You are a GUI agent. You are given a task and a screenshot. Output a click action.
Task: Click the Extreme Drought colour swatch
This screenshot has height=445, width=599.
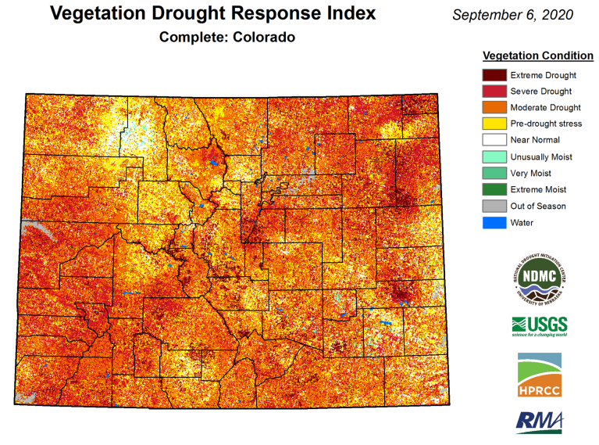click(x=494, y=75)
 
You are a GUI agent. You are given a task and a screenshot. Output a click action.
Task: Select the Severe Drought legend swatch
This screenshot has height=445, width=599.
click(x=494, y=92)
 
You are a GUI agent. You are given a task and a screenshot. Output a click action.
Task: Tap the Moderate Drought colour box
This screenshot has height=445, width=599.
click(x=494, y=107)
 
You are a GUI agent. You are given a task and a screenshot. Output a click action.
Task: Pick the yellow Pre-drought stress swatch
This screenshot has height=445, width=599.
click(x=494, y=124)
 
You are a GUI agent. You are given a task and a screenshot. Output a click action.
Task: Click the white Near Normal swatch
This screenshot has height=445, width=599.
click(x=494, y=140)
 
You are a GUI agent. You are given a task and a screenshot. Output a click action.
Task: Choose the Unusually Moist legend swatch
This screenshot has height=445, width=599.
click(x=494, y=156)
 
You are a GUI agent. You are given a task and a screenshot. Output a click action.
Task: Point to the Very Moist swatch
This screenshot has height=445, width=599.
click(x=494, y=173)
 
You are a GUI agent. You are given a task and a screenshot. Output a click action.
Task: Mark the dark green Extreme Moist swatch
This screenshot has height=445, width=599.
click(x=494, y=189)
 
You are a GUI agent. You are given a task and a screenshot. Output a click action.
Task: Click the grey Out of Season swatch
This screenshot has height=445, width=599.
click(x=494, y=206)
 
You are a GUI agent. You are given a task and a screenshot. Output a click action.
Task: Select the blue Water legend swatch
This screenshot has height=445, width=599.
click(x=494, y=222)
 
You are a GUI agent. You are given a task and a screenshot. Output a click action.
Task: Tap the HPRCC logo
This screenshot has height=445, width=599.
click(x=539, y=375)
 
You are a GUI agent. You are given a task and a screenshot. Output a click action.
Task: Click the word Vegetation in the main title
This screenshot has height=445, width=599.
click(x=98, y=14)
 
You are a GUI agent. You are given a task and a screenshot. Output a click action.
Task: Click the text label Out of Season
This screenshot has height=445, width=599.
click(x=538, y=206)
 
